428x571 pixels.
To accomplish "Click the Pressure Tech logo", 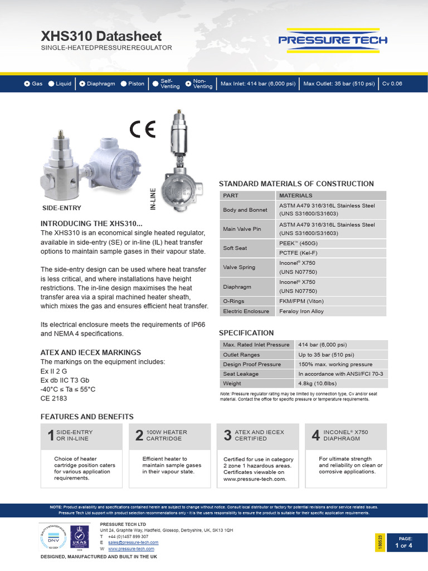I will coord(333,40).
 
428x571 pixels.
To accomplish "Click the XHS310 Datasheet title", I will coord(101,36).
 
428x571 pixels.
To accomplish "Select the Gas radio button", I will coord(27,84).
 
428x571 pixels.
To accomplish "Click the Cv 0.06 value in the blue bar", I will coord(392,84).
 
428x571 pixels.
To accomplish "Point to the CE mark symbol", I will coord(142,129).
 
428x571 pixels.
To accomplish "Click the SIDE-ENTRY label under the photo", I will coord(62,208).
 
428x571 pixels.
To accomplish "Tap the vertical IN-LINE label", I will coord(153,199).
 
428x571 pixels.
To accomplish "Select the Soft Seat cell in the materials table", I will coord(235,248).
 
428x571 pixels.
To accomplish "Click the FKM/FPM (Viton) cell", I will coord(301,301).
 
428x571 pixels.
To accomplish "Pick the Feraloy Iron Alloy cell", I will coord(301,311).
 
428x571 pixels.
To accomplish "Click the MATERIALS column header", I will coord(295,196).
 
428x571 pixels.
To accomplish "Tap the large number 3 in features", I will coord(227,436).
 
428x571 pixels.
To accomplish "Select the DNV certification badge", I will coord(52,537).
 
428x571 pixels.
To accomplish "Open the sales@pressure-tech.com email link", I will coord(133,542).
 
